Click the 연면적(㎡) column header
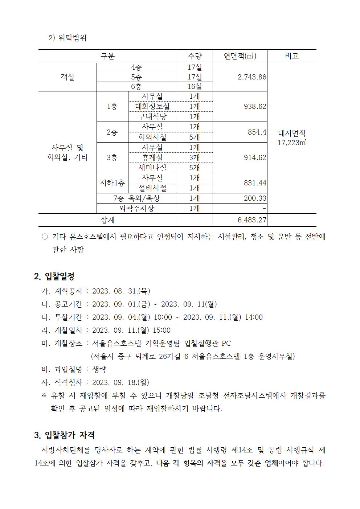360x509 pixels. pos(240,56)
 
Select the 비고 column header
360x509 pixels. pos(291,56)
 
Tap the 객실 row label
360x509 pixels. pos(67,77)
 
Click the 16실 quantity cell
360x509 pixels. pos(195,86)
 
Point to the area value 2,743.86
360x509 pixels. pos(252,77)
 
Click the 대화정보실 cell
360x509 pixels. pos(152,106)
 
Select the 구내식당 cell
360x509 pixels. pos(152,116)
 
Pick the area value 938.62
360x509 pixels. pos(255,106)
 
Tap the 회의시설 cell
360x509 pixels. pos(152,137)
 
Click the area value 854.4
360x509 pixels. pos(257,132)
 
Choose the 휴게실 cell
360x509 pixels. pos(152,157)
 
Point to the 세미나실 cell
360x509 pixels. pos(152,168)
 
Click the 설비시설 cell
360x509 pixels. pos(152,188)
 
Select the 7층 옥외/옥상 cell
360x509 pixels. pos(136,198)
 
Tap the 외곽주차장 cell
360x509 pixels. pos(136,208)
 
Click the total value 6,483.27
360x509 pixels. pos(252,220)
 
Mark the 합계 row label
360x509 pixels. pos(107,220)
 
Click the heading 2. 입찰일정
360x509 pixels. pos(54,276)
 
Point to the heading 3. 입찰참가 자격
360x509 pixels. pos(64,435)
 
